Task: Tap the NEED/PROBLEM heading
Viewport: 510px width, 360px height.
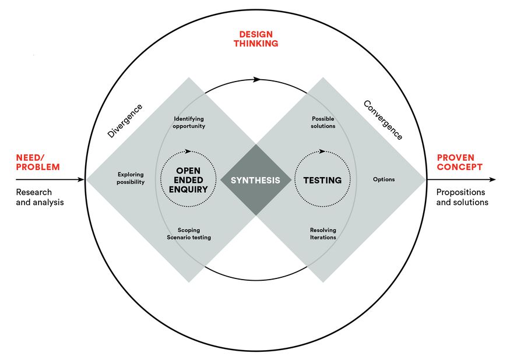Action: click(x=38, y=162)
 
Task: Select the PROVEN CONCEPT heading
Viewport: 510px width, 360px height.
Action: click(x=459, y=162)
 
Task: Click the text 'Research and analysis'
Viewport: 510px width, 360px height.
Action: click(x=40, y=197)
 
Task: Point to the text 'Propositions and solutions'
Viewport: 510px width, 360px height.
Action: click(x=462, y=197)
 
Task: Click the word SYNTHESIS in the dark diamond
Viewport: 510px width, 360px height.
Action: click(x=255, y=180)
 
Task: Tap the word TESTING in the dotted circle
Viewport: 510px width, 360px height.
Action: click(x=322, y=180)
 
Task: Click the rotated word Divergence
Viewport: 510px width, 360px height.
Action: click(x=125, y=121)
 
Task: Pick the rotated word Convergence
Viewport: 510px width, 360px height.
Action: click(x=383, y=119)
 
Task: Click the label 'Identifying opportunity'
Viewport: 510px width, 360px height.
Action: click(x=189, y=122)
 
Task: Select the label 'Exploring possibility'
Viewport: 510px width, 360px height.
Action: click(x=130, y=178)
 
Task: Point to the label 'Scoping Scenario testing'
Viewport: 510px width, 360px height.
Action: click(x=189, y=234)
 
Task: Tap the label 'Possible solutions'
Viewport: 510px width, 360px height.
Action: click(x=323, y=122)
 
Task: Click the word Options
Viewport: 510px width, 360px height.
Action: click(x=384, y=179)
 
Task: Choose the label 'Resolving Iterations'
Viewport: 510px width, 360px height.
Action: click(x=323, y=234)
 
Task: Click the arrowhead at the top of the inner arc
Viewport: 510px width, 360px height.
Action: click(x=257, y=79)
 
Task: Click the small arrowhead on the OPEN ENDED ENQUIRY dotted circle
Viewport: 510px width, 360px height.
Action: click(x=185, y=153)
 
